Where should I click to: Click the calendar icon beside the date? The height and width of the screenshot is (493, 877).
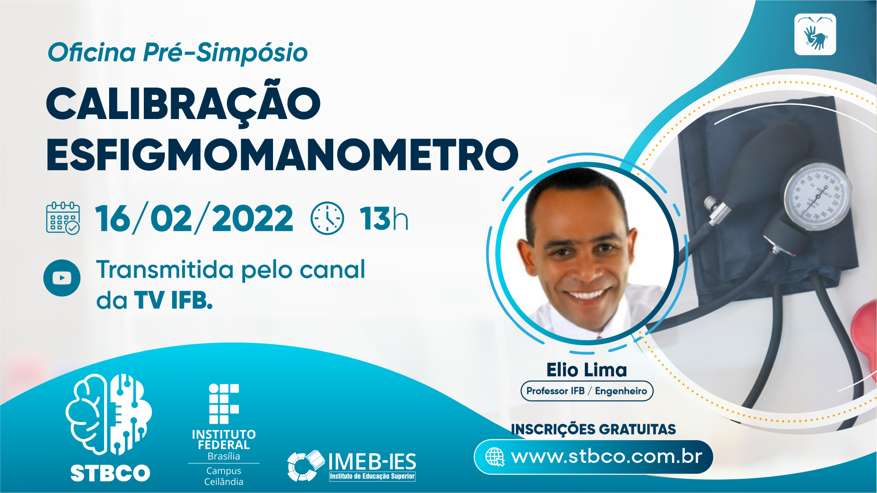click(63, 218)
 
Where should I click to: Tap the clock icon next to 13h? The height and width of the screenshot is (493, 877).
click(327, 218)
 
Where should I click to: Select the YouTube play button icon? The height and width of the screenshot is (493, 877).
click(62, 278)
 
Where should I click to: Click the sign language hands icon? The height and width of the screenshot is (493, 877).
click(815, 35)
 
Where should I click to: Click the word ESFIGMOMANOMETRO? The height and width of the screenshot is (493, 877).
click(282, 155)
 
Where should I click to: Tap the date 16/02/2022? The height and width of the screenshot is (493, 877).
click(194, 218)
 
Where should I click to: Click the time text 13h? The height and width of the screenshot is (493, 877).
click(383, 219)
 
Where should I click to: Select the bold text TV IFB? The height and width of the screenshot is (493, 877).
click(173, 301)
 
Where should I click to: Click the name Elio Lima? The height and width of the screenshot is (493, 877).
click(587, 370)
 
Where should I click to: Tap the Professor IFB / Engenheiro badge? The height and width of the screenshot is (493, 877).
click(587, 391)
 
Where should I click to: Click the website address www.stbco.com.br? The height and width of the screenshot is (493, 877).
click(607, 457)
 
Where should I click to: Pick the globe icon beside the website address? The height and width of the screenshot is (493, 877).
click(495, 457)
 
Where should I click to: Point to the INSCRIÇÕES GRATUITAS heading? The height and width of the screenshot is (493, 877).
click(593, 429)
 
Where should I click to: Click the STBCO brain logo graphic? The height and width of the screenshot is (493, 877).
click(109, 414)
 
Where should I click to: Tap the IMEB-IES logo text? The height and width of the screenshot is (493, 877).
click(372, 462)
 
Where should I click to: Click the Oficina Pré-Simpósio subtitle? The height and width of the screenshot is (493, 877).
click(178, 52)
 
